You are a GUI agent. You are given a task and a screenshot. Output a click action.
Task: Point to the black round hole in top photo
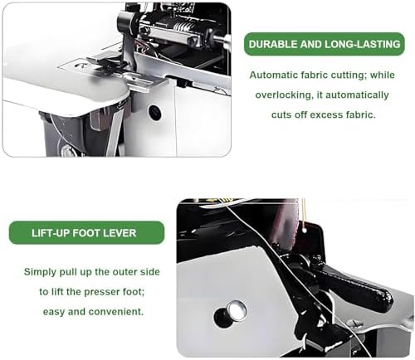point(155,112)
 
